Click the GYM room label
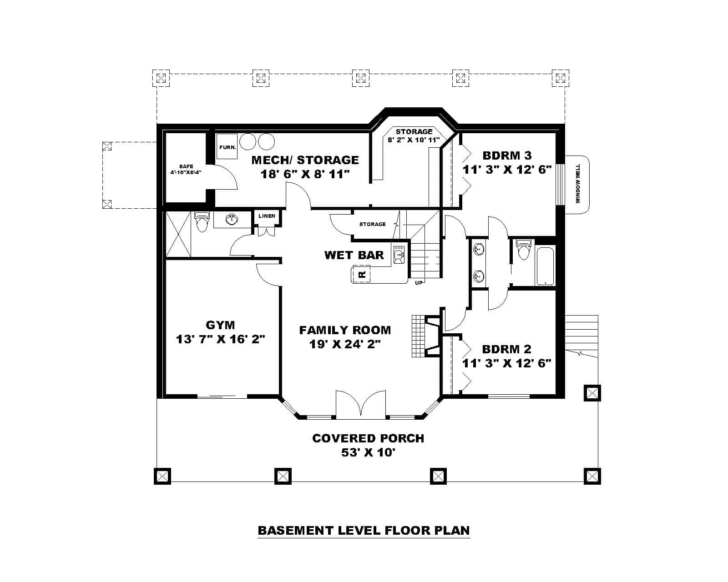click(220, 325)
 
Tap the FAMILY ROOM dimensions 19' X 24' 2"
click(344, 344)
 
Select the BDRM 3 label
click(507, 156)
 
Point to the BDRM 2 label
click(506, 349)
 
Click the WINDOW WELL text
click(578, 184)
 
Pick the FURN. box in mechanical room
click(227, 147)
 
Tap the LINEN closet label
click(267, 216)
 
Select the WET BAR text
click(354, 255)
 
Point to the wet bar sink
click(399, 255)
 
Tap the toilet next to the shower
click(201, 222)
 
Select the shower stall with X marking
click(178, 234)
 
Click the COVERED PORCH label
click(368, 438)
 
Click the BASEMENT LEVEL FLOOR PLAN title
click(364, 530)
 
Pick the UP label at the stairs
click(419, 283)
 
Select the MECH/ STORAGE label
click(305, 160)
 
